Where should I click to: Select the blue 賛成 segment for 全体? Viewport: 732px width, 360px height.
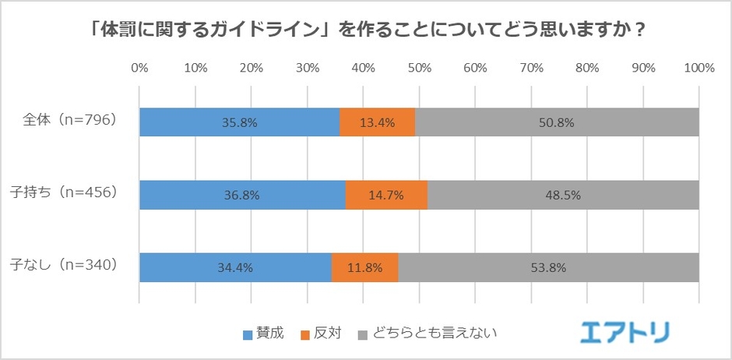(239, 122)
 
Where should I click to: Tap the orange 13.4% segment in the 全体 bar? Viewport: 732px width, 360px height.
(378, 122)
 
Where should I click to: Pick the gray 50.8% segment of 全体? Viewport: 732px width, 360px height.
(557, 122)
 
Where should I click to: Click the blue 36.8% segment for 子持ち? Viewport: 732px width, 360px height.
(242, 195)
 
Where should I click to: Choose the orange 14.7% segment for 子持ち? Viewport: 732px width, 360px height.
(386, 195)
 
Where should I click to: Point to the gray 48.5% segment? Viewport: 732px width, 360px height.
(563, 195)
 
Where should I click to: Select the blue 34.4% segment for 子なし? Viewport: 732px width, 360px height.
(235, 267)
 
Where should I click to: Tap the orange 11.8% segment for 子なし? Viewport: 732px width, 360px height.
(364, 267)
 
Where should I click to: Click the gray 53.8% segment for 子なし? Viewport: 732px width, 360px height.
(548, 267)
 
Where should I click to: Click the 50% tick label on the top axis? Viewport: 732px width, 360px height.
(419, 69)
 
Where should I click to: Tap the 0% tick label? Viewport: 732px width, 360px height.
(140, 69)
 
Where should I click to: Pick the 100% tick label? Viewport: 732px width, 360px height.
(698, 69)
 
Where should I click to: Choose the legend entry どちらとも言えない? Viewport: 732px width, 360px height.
(427, 334)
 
